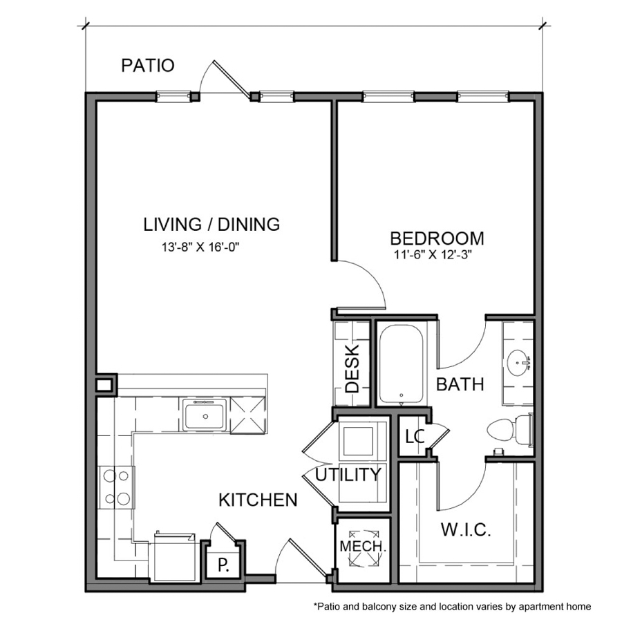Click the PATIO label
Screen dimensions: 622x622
tap(148, 66)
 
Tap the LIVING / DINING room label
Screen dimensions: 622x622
tap(211, 224)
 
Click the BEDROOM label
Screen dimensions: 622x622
tap(437, 238)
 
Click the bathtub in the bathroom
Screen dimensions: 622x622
tap(401, 364)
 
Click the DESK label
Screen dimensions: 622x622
tap(352, 368)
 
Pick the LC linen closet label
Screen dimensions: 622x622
tap(414, 437)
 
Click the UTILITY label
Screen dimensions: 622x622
tap(348, 475)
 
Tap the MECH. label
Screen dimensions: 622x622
tap(361, 546)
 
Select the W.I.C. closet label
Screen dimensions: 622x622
tap(466, 531)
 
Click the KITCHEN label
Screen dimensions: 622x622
tap(258, 500)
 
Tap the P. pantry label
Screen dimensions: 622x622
tap(223, 565)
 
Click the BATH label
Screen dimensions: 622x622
tap(460, 384)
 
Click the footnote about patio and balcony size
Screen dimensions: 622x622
tap(452, 607)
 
